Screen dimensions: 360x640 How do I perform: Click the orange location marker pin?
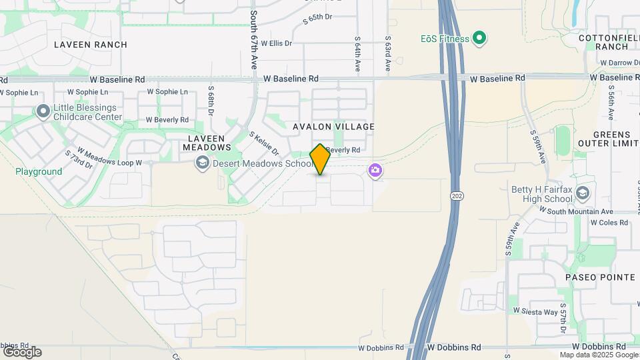[320, 159]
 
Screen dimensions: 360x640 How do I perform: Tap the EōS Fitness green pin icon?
[479, 38]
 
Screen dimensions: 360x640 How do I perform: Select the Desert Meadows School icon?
[202, 163]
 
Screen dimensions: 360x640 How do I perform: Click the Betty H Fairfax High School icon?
[583, 194]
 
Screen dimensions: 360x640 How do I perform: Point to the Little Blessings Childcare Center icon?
[44, 112]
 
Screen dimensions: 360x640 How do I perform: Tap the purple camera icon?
[375, 171]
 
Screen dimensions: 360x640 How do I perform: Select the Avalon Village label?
[333, 127]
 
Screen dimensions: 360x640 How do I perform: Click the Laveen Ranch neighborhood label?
[91, 45]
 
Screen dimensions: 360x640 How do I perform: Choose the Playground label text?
[39, 171]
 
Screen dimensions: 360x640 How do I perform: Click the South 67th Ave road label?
[254, 40]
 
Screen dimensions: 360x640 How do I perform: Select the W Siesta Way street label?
[535, 311]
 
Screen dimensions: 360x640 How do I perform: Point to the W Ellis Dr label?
[277, 43]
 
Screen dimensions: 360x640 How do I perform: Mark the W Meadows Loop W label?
[110, 157]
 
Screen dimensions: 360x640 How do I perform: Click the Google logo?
[21, 352]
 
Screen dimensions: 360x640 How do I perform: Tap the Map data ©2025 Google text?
[599, 355]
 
